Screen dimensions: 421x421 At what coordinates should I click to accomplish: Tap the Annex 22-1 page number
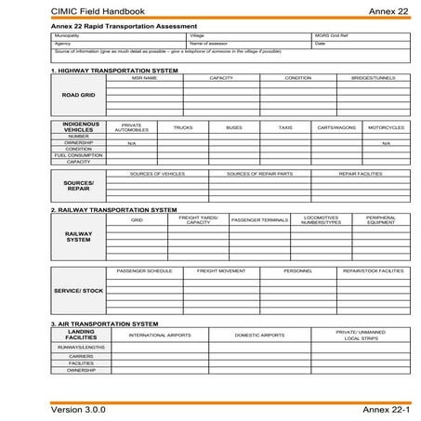tap(387, 409)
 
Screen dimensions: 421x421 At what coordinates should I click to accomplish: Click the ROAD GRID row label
tap(78, 95)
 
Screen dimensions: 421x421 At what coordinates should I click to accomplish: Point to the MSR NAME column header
tap(145, 78)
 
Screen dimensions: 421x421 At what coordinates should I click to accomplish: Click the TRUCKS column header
tap(183, 127)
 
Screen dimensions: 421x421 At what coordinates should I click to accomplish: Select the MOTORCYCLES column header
tap(386, 127)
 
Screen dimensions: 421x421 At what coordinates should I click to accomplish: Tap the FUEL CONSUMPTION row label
tap(78, 155)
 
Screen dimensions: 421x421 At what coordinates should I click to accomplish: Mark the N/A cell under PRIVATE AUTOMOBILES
tap(131, 143)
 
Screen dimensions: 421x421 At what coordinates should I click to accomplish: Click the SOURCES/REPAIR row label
tap(78, 186)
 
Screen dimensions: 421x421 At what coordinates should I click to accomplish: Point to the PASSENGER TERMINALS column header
tap(259, 220)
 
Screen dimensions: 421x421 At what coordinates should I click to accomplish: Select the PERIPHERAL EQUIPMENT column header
tap(381, 220)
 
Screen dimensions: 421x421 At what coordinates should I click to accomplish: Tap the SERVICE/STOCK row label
tap(78, 291)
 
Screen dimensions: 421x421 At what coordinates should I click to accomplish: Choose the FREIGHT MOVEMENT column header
tap(221, 270)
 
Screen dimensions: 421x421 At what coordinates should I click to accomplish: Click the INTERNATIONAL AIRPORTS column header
tap(160, 335)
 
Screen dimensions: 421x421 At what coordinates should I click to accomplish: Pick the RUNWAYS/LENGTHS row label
tap(81, 347)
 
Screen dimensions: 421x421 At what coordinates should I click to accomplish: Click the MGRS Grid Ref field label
tap(329, 35)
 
